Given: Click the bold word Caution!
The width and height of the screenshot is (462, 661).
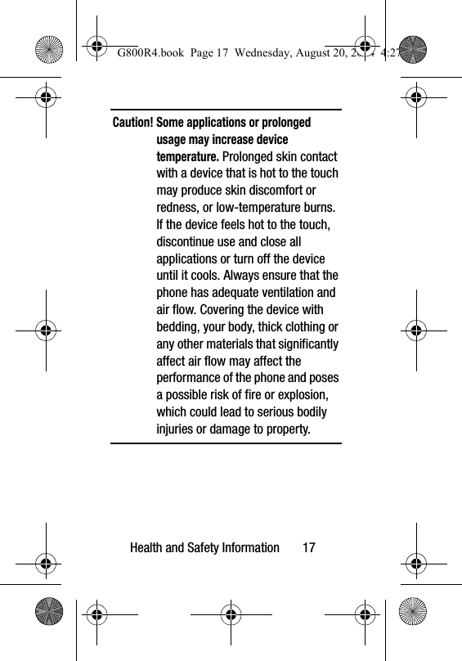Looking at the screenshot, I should (x=132, y=123).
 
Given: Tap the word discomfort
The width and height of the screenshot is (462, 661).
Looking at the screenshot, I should (x=271, y=191).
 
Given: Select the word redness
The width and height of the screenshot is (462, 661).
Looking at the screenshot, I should (x=179, y=208).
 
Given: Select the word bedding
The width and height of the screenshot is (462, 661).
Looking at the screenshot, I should (x=179, y=327).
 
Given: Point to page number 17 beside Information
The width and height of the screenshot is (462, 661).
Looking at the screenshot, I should (x=308, y=547).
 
